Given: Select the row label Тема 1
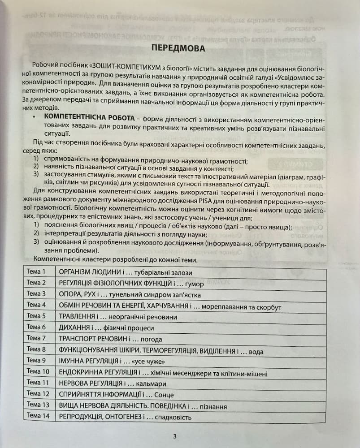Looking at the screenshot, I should click(36, 271).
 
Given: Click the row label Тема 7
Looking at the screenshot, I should click(36, 338).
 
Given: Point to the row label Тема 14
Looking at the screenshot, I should click(38, 416).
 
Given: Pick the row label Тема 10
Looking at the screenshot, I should click(38, 371).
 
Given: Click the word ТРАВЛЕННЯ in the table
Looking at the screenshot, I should click(77, 316).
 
